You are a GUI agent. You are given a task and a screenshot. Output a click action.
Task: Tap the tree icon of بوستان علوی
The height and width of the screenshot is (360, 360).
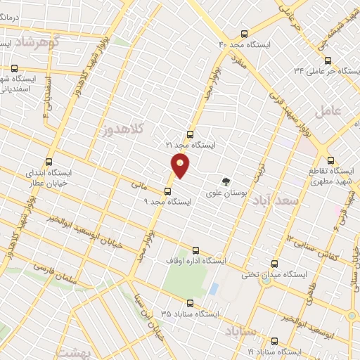226,180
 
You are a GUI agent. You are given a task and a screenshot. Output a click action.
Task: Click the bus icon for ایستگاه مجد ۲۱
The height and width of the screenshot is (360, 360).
189,134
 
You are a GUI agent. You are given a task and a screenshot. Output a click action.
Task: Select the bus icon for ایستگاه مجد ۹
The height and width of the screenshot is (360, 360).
167,191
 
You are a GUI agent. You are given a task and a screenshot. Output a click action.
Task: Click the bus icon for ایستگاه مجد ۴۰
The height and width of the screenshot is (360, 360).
244,34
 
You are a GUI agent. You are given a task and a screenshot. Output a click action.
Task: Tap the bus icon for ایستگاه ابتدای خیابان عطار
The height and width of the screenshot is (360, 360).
49,162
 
